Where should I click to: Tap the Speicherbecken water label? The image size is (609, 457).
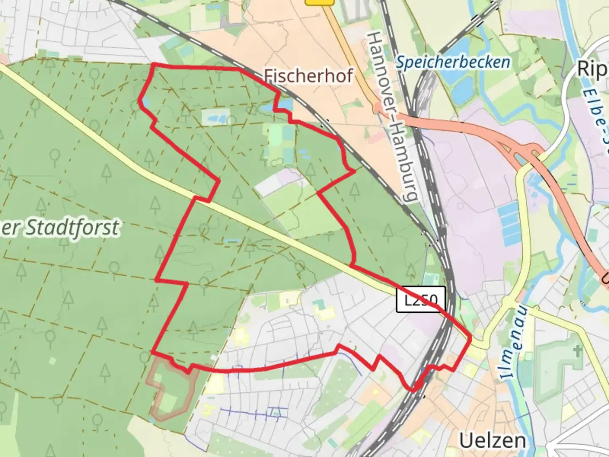coord(453,63)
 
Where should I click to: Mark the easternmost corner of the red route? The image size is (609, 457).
coord(470,338)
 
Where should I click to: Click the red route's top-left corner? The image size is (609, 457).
coord(153,65)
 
